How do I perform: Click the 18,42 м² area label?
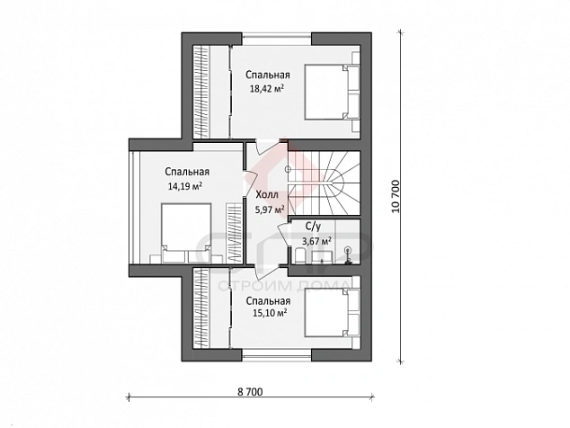[x=266, y=88]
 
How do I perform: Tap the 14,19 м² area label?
[x=185, y=186]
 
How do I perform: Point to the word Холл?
[x=267, y=195]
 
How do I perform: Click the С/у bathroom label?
[x=313, y=227]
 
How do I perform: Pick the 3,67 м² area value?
[x=316, y=241]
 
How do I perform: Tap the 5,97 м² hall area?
[x=270, y=210]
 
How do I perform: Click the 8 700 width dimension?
[x=250, y=392]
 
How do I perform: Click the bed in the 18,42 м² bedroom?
[x=327, y=92]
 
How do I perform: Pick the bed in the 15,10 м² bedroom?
[x=327, y=312]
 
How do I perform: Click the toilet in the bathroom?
[x=300, y=255]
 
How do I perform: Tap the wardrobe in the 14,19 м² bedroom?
[x=234, y=233]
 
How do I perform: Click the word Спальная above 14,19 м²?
[x=187, y=172]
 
